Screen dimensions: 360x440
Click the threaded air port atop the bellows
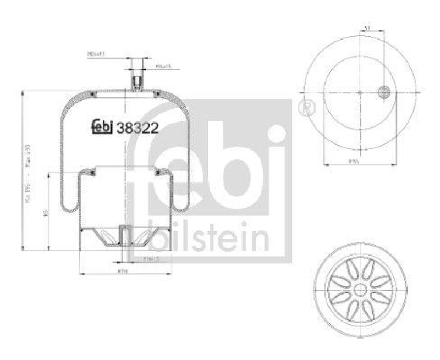(x=136, y=84)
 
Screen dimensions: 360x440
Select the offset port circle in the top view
(x=384, y=92)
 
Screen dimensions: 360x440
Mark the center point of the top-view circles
(x=360, y=92)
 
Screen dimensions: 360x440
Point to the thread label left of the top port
(x=96, y=54)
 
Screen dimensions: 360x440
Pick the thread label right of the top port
(x=163, y=66)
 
